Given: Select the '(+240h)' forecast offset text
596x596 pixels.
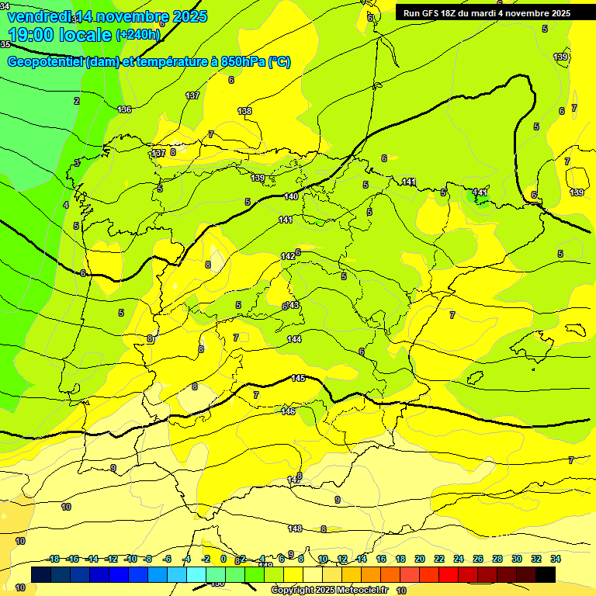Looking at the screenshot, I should coord(138,35).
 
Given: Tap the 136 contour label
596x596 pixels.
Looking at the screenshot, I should coord(124,109).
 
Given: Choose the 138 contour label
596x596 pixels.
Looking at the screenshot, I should coord(244,111).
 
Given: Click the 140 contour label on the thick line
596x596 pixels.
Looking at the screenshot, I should coord(291,196).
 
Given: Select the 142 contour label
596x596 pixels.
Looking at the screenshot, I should coord(288,256).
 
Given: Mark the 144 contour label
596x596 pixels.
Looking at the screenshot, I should coord(294,339).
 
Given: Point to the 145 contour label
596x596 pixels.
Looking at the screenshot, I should coord(298,378).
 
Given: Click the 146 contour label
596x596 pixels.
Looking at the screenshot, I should coord(288,411).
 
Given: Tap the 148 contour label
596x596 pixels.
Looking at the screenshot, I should coord(295,528).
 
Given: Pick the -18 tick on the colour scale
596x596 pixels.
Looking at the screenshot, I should coord(54,559).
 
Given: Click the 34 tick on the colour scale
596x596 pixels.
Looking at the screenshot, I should coord(556,559).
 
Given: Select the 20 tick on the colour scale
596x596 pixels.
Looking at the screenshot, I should coord(420,559).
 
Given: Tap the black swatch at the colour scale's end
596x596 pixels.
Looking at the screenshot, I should coord(546,574).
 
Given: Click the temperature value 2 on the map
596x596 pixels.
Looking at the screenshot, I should coord(77,101).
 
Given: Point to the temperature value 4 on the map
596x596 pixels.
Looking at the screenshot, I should coord(66,205).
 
